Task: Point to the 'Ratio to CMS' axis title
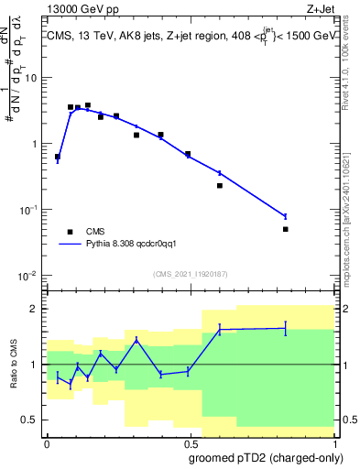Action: coord(16,365)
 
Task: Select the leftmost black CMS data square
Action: coord(58,157)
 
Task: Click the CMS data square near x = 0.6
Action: coord(220,186)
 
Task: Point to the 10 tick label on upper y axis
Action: coord(31,78)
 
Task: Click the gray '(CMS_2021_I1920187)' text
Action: coord(190,274)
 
